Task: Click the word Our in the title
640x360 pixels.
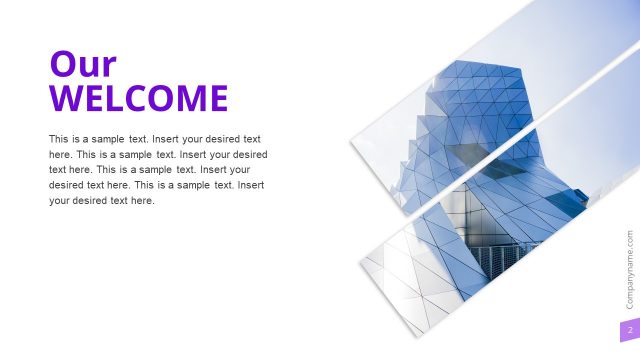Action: (x=83, y=65)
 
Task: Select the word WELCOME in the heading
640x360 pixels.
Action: (x=139, y=99)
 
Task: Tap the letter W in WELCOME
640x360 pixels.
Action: (x=65, y=99)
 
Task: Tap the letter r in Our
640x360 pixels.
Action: (x=108, y=68)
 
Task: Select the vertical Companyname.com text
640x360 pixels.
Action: (x=630, y=269)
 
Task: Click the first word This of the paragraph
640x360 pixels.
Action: (x=59, y=139)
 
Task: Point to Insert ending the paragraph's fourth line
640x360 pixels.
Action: (x=250, y=185)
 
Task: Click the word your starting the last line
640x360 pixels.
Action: (x=60, y=201)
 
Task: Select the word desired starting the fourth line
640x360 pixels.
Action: (x=67, y=185)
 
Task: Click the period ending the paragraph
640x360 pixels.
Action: (x=155, y=202)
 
